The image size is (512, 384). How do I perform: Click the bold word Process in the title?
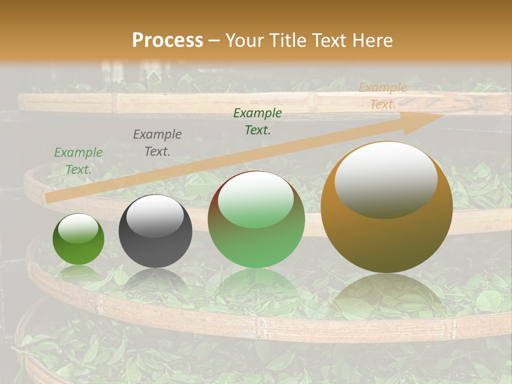click(x=167, y=41)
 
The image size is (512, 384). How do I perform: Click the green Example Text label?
click(x=78, y=161)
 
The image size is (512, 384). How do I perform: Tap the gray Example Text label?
click(x=157, y=143)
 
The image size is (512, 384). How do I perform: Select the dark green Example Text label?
click(x=258, y=122)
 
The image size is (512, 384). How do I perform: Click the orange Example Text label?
click(x=383, y=96)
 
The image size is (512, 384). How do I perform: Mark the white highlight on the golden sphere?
click(x=386, y=180)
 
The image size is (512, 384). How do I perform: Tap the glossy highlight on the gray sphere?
click(x=155, y=216)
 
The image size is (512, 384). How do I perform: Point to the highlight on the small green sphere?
click(x=78, y=228)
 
